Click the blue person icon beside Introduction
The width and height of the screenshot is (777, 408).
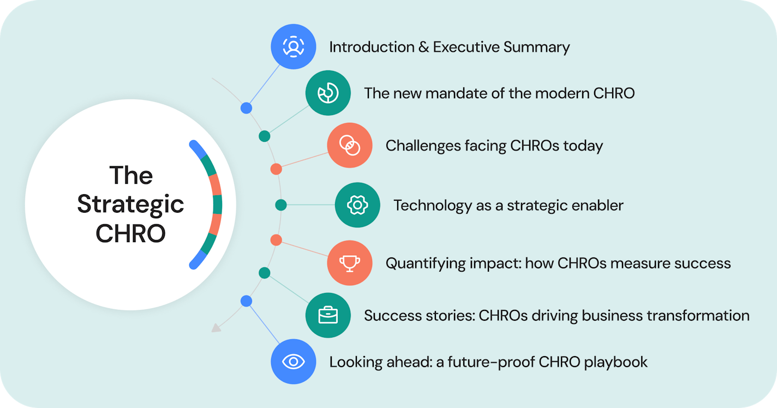coord(294,46)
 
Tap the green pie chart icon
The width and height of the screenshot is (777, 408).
coord(328,93)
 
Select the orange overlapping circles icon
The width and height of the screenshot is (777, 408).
coord(350,145)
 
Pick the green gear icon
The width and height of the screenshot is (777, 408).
coord(357,205)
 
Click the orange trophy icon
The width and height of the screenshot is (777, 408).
coord(350,263)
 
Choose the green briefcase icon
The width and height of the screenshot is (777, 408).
coord(328,315)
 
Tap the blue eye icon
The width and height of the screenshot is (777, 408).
coord(294,362)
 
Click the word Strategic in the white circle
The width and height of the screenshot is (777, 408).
coord(130,205)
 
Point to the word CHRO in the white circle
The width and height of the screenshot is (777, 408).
coord(130,233)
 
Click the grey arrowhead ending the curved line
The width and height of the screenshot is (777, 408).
coord(216,328)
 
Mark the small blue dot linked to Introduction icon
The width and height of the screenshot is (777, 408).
coord(246,108)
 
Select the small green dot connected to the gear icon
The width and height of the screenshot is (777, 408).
coord(281,205)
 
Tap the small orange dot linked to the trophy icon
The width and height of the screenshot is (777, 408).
coord(276,240)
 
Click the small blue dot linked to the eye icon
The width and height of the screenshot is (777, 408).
coord(246,301)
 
